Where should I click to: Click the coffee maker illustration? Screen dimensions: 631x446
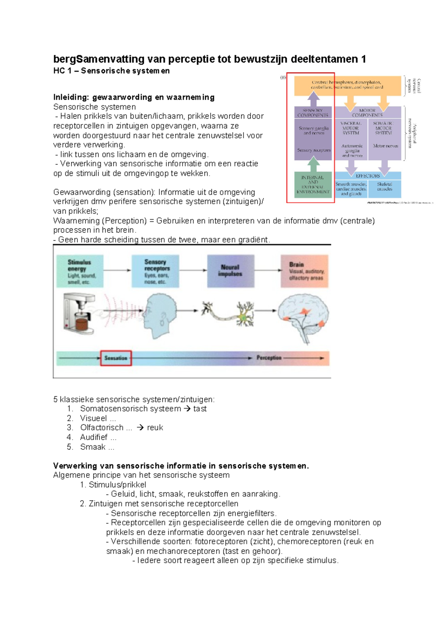click(79, 312)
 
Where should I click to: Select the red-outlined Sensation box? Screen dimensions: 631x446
click(116, 358)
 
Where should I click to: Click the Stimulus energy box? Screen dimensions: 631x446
click(80, 271)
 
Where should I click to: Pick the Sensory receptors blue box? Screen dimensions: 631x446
click(155, 271)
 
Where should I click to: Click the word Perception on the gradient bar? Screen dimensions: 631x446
click(269, 358)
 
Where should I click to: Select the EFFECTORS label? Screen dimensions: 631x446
click(368, 176)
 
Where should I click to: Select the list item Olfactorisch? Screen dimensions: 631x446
click(101, 427)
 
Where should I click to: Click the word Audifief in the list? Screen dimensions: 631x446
click(94, 437)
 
